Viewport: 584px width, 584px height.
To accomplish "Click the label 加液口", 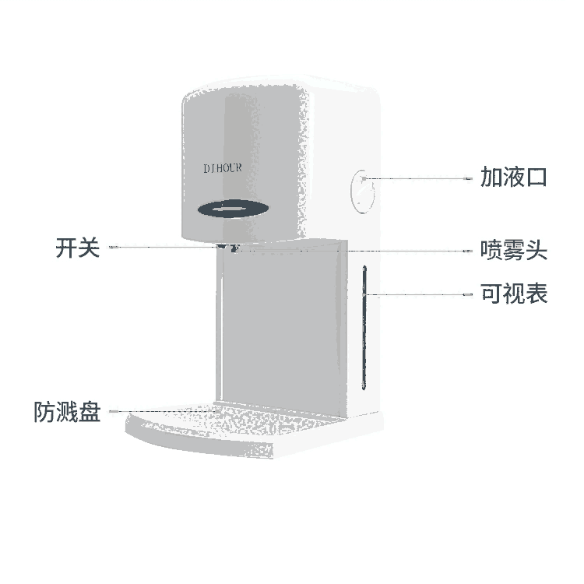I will coord(514,178).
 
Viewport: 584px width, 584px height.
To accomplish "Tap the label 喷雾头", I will coord(514,251).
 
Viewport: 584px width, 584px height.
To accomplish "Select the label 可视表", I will coord(514,294).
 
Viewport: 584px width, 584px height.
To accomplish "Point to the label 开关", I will coord(78,248).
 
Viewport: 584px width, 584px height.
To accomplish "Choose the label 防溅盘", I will coord(67,411).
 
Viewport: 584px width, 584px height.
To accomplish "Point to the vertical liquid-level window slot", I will coord(363,327).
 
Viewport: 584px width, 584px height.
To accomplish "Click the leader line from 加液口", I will coord(420,178).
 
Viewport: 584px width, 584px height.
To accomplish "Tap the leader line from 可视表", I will coord(420,295).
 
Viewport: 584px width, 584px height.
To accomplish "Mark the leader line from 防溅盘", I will coord(164,411).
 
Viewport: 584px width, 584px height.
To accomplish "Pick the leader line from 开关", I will coord(164,248).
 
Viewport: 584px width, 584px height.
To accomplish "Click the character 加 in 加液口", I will coord(491,178).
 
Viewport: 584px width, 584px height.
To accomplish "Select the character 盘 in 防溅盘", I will coord(90,411).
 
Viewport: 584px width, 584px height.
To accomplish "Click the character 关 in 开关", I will coord(90,248).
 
